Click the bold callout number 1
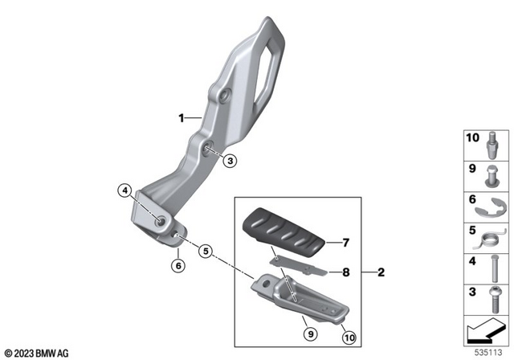tap(182, 117)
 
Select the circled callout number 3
tap(230, 161)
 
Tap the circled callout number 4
tap(124, 191)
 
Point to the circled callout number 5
tap(206, 251)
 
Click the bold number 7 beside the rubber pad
tap(346, 242)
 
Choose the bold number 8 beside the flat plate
tap(346, 272)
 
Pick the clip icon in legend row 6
tap(489, 206)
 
